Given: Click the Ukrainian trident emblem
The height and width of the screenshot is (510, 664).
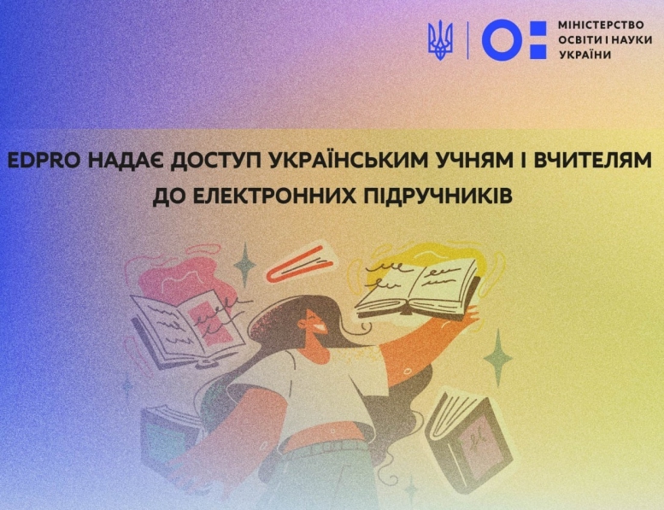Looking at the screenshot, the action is point(440,40).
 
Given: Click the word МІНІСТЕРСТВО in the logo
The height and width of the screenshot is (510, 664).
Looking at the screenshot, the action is point(601,25).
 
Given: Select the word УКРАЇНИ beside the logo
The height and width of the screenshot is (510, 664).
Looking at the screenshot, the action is point(585,55).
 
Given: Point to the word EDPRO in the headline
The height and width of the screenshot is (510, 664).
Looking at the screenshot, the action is point(44,161).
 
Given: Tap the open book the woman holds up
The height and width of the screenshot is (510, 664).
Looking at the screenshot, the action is point(417,288).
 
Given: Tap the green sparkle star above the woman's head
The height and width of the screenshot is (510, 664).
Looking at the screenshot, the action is point(244,266).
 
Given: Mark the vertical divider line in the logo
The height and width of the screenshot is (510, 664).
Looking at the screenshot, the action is point(467,40).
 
